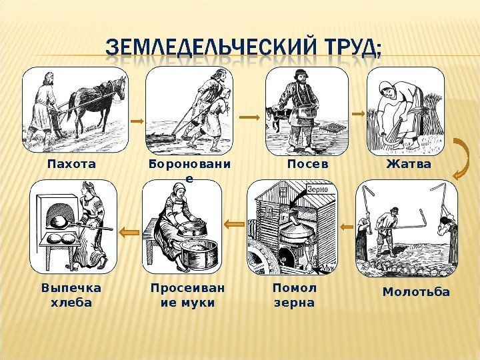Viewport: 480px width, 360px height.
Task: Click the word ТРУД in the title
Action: pyautogui.click(x=337, y=48)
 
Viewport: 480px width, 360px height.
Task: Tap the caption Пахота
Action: pyautogui.click(x=71, y=163)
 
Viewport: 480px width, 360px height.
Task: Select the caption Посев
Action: pyautogui.click(x=308, y=163)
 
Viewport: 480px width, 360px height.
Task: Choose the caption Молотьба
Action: pyautogui.click(x=416, y=292)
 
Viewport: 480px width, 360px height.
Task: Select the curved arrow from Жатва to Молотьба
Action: pyautogui.click(x=460, y=159)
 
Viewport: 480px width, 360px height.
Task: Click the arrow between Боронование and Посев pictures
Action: pyautogui.click(x=249, y=117)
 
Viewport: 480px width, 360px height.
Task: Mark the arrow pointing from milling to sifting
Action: pyautogui.click(x=233, y=225)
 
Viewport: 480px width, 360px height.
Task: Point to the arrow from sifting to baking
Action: pyautogui.click(x=129, y=227)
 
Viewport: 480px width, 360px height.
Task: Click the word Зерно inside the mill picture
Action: pyautogui.click(x=318, y=189)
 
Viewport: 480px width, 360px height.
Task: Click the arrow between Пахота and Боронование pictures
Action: pyautogui.click(x=136, y=121)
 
